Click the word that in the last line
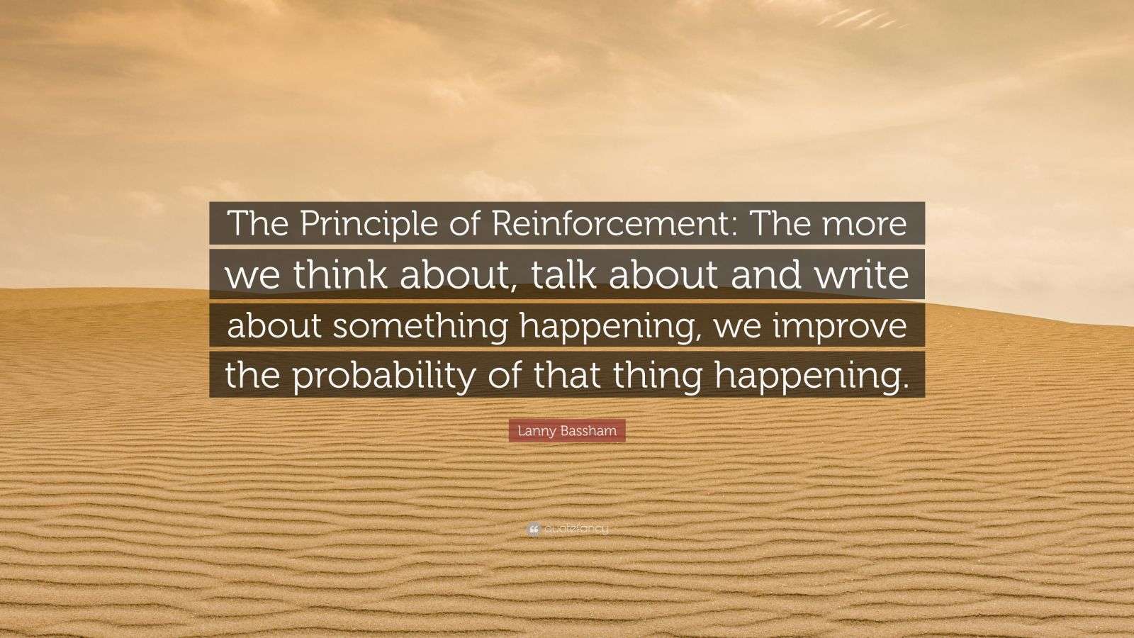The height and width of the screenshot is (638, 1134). (560, 376)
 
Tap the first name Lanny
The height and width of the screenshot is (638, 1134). (535, 430)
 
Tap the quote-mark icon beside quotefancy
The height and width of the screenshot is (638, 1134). (533, 529)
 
